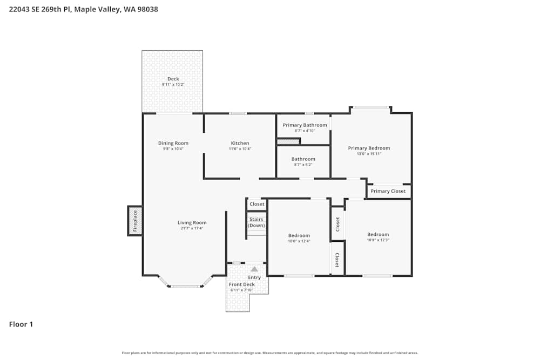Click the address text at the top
(84, 10)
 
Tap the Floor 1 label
(21, 324)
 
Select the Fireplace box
(135, 221)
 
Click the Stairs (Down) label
(256, 222)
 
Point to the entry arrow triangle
(254, 268)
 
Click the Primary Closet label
(388, 191)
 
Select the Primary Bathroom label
(305, 125)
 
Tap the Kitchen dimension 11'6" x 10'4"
(240, 149)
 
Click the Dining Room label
(173, 143)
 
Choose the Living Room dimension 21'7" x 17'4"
(192, 228)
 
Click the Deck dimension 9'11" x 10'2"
(173, 85)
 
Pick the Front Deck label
(241, 284)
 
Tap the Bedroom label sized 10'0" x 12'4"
(299, 235)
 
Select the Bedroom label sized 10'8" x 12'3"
(378, 234)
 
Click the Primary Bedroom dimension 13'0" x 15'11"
(369, 154)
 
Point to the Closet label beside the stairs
(257, 204)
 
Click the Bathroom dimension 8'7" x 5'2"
(303, 165)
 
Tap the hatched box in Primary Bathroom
(288, 141)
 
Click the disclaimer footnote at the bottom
(270, 353)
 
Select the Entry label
(254, 277)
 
